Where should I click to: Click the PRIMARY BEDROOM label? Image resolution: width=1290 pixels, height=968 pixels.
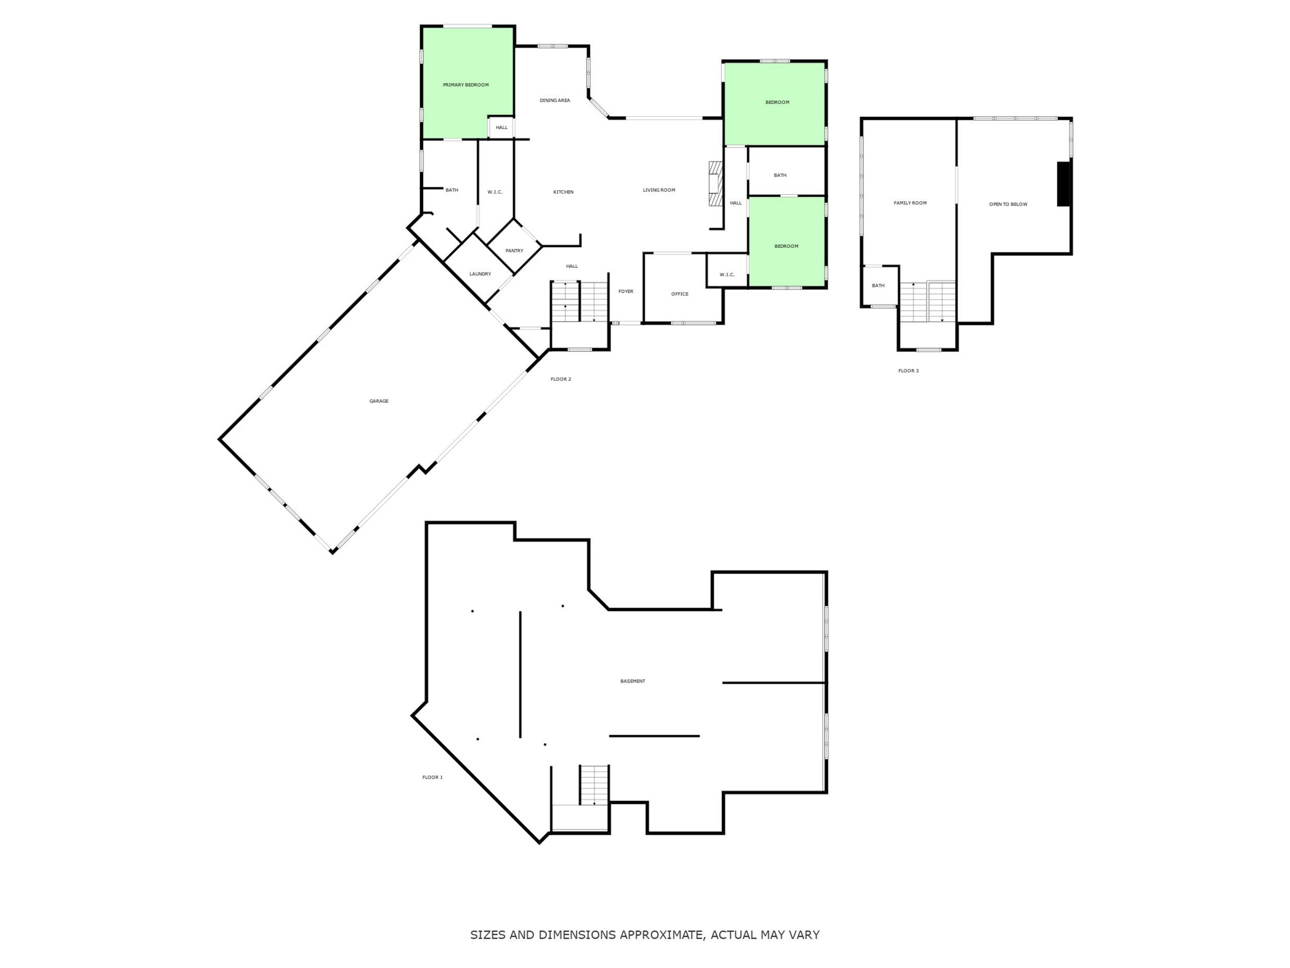(x=465, y=85)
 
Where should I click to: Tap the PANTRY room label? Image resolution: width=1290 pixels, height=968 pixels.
(x=514, y=251)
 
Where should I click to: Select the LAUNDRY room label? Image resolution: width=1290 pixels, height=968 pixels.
(x=480, y=274)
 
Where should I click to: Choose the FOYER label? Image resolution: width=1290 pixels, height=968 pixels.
(x=625, y=292)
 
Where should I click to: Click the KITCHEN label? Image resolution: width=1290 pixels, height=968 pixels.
(x=563, y=193)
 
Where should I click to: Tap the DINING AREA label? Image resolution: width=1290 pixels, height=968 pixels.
(x=554, y=100)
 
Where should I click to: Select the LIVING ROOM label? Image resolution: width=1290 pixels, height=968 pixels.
(x=658, y=190)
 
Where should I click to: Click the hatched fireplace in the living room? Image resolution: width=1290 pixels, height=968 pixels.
(x=715, y=183)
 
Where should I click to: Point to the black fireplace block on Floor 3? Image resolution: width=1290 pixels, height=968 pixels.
(x=1063, y=184)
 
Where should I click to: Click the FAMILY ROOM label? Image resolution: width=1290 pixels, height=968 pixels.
(x=910, y=203)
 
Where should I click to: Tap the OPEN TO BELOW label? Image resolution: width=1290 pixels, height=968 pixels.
(x=1008, y=205)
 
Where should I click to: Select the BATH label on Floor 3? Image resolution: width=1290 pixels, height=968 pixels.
(x=878, y=286)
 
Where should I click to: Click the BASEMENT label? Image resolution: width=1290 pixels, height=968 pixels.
(x=632, y=681)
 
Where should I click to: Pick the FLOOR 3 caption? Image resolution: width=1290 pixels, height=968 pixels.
(x=908, y=371)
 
